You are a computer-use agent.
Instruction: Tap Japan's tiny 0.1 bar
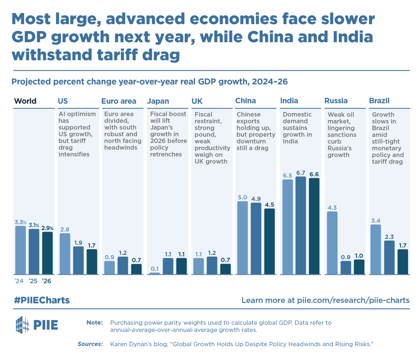pyautogui.click(x=154, y=273)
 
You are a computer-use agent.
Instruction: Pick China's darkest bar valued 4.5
pyautogui.click(x=269, y=241)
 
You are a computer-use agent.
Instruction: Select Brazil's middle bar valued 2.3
pyautogui.click(x=389, y=257)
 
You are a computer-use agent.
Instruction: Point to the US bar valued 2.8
pyautogui.click(x=65, y=254)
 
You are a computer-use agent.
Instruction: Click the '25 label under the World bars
pyautogui.click(x=33, y=281)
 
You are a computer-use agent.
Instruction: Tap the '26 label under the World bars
pyautogui.click(x=47, y=281)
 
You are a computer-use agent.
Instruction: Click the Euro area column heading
pyautogui.click(x=119, y=101)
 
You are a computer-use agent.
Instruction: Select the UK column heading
pyautogui.click(x=197, y=101)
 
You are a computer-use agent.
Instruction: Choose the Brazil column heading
pyautogui.click(x=379, y=101)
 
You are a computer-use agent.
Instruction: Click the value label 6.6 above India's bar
pyautogui.click(x=314, y=174)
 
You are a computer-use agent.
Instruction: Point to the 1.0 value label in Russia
pyautogui.click(x=359, y=256)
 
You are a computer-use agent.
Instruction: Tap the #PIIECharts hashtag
pyautogui.click(x=42, y=300)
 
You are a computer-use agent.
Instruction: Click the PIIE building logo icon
pyautogui.click(x=22, y=325)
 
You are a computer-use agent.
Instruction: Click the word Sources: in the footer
pyautogui.click(x=90, y=344)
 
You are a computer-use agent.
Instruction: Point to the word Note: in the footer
pyautogui.click(x=95, y=323)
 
